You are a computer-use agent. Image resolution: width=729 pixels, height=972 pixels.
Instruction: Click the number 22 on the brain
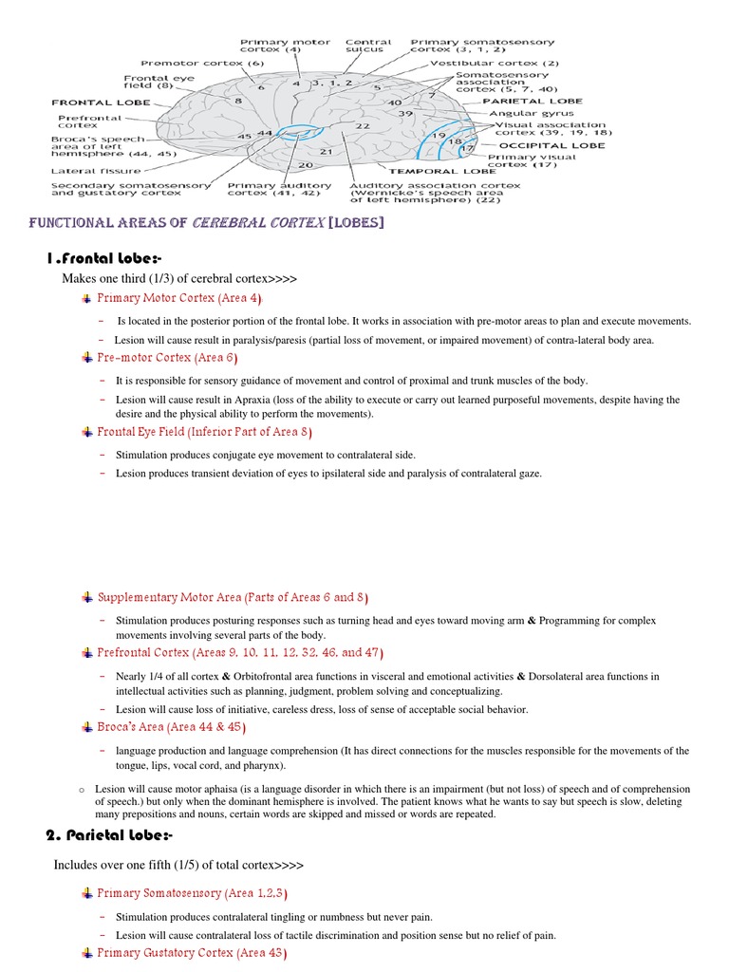363,125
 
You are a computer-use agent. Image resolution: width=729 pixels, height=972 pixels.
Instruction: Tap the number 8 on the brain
237,100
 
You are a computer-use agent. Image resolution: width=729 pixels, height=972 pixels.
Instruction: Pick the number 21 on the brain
326,151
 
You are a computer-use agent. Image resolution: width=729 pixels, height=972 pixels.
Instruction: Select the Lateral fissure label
85,171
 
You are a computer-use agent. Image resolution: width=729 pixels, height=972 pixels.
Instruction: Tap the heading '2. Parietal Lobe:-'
109,834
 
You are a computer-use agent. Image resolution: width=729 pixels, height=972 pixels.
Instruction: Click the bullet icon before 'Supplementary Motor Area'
87,597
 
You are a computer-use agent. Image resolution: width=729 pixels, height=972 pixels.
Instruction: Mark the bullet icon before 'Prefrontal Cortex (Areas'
87,653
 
